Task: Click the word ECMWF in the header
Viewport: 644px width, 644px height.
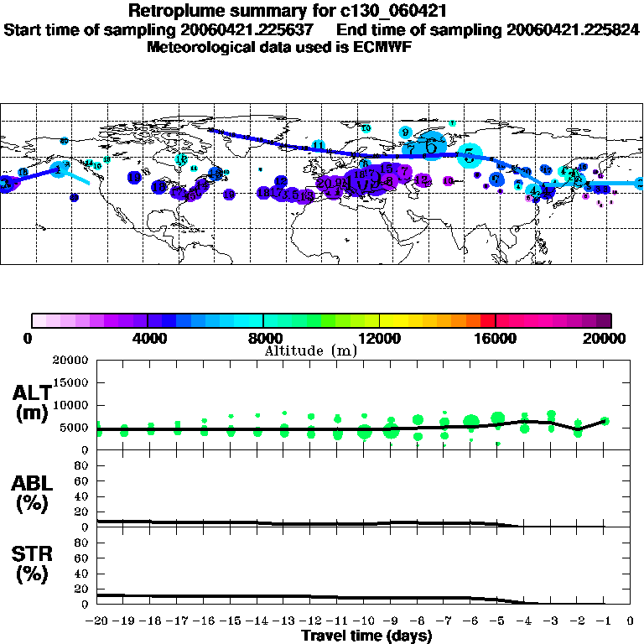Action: (x=381, y=47)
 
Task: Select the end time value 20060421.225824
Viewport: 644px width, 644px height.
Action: (x=573, y=29)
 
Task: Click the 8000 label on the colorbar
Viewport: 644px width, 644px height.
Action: (x=263, y=338)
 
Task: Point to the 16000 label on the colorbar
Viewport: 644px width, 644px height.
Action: (x=495, y=338)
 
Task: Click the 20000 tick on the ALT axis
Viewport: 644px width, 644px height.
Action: (x=72, y=361)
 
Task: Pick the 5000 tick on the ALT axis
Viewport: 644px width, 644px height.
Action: (x=75, y=428)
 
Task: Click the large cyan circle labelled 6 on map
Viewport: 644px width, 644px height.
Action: (x=432, y=145)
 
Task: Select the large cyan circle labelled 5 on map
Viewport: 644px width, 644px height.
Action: (x=470, y=154)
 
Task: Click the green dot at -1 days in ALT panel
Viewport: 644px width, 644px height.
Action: (x=605, y=421)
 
